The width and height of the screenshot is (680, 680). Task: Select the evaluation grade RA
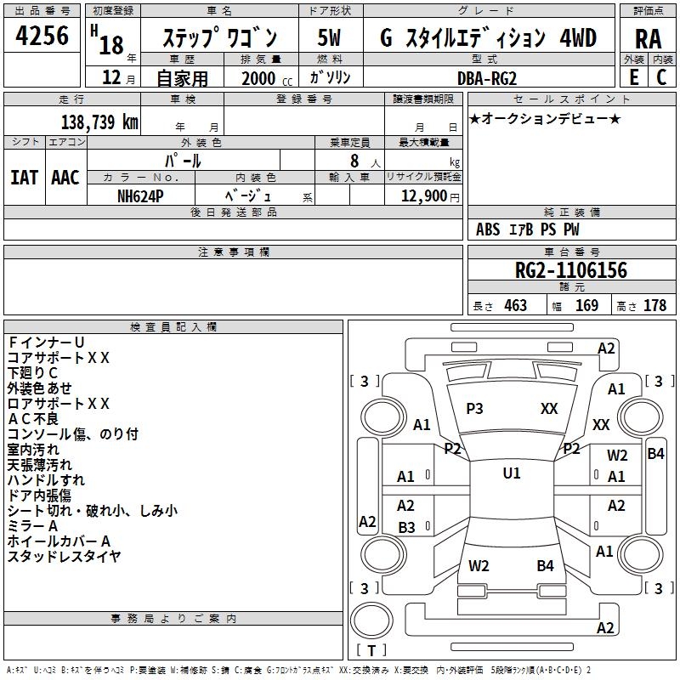(x=648, y=38)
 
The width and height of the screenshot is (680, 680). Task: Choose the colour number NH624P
(x=142, y=195)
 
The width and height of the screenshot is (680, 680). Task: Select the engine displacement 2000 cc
(x=265, y=78)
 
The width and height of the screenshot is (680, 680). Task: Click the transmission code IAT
(x=25, y=178)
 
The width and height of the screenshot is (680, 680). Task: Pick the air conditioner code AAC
(x=65, y=178)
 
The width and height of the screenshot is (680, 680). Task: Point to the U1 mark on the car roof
(x=511, y=473)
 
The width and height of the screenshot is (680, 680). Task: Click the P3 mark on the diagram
(x=474, y=409)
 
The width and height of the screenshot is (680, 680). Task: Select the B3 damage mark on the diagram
(x=406, y=528)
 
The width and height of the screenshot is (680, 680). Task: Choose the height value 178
(x=654, y=305)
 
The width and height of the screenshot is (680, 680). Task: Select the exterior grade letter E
(x=633, y=77)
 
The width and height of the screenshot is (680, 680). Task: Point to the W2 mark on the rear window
(x=479, y=565)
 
